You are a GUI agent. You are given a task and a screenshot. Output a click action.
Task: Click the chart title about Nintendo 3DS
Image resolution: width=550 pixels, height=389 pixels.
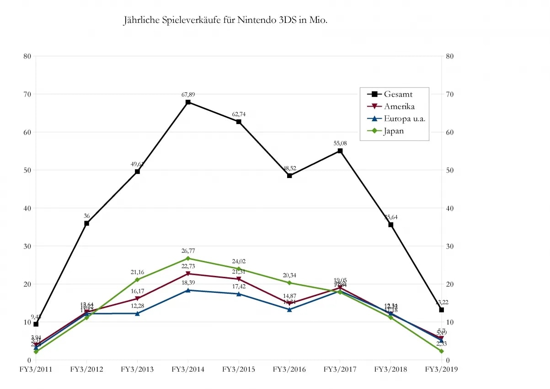point(225,21)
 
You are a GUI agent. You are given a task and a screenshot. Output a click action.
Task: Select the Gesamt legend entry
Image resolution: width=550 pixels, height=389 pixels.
point(398,94)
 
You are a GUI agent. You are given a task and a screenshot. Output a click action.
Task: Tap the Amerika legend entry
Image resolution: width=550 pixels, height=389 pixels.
point(399,106)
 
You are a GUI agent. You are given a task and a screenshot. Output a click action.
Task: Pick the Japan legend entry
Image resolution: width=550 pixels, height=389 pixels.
point(394,131)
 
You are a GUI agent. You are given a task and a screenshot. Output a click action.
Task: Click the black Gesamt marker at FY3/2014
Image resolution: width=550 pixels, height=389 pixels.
point(188,102)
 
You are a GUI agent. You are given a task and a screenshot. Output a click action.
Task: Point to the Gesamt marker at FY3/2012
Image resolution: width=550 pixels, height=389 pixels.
point(86,223)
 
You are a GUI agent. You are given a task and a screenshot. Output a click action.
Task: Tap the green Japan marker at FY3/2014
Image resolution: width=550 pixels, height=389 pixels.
point(188,259)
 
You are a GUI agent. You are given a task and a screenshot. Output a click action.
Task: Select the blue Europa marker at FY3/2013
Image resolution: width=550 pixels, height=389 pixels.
point(137,313)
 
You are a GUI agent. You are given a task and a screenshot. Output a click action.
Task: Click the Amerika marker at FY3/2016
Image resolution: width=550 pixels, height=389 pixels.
point(289,303)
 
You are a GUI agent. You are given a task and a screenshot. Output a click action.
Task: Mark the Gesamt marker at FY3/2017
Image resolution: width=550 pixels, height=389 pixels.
point(340,151)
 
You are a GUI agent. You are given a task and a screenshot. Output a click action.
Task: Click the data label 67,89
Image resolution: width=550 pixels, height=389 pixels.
point(188,95)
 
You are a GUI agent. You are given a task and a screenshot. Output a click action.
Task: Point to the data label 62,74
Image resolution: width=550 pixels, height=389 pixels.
point(239,114)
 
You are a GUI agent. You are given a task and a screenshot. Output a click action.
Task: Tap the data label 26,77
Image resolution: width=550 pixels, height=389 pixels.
point(188,251)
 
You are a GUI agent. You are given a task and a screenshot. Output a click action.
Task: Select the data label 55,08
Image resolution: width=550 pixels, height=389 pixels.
point(340,144)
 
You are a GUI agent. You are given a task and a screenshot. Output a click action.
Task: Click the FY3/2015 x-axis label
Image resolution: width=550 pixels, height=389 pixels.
point(239,369)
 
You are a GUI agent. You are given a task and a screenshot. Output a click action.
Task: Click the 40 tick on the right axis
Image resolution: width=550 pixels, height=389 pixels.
point(450,208)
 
